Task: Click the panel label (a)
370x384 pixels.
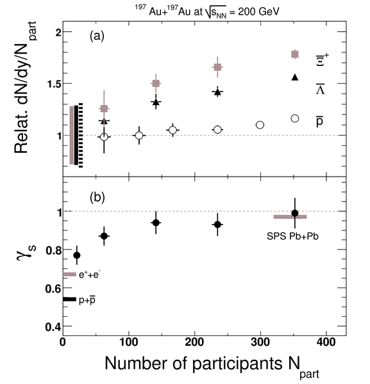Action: [97, 36]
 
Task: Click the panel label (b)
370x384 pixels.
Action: [97, 197]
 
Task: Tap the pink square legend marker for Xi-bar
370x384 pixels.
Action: [295, 54]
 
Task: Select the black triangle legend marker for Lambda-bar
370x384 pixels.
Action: [295, 77]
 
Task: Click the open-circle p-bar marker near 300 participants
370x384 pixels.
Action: [260, 125]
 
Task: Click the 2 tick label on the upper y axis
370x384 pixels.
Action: [58, 32]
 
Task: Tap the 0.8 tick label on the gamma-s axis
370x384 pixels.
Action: [53, 250]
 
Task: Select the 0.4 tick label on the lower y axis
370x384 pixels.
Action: [53, 326]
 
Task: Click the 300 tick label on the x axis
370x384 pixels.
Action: [260, 342]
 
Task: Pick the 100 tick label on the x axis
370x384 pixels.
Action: [128, 342]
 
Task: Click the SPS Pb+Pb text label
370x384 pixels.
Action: [292, 236]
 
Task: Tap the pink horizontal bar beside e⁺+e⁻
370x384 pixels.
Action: [70, 275]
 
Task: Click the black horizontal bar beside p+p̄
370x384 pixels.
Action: [70, 299]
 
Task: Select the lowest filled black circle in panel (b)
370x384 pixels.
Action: [77, 255]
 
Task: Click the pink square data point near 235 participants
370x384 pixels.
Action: [217, 67]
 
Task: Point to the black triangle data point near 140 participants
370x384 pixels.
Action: [156, 102]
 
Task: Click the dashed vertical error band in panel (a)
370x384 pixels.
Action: [81, 136]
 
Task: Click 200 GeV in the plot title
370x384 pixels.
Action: [258, 12]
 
